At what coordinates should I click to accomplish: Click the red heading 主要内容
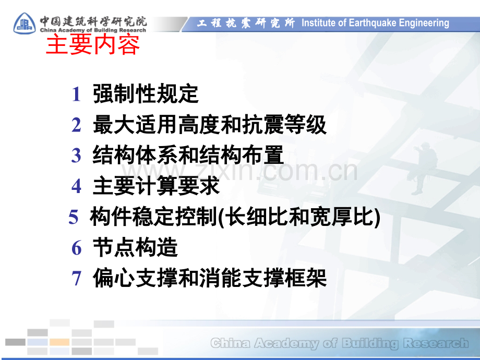pos(93,45)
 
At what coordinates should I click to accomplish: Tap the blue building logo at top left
pos(25,23)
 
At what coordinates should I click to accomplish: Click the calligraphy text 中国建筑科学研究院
pos(93,21)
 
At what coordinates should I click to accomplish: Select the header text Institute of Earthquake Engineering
pos(375,23)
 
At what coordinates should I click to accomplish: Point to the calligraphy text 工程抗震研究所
pos(246,23)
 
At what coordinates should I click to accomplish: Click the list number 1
pos(76,94)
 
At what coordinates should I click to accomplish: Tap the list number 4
pos(76,186)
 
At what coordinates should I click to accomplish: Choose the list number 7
pos(76,278)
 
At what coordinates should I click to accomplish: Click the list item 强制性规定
pos(146,94)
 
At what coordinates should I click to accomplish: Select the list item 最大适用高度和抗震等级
pos(210,125)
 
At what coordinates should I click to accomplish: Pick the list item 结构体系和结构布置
pos(188,155)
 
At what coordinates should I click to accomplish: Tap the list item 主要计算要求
pos(156,186)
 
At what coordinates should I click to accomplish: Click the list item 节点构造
pos(135,247)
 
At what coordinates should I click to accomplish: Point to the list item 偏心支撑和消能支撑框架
pos(210,278)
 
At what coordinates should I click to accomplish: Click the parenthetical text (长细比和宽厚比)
pos(299,217)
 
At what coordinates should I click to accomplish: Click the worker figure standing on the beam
pos(424,169)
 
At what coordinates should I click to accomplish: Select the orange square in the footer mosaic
pos(59,342)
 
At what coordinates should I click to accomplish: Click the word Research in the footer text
pos(436,343)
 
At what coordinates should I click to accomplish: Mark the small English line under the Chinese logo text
pos(93,30)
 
